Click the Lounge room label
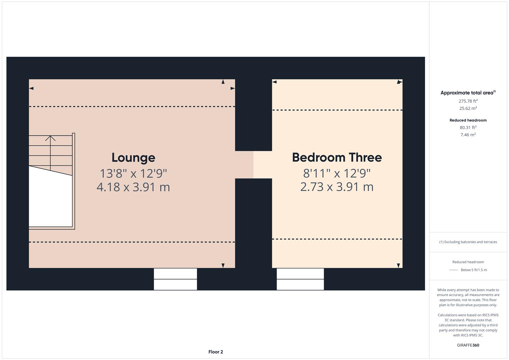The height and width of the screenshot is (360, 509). (133, 158)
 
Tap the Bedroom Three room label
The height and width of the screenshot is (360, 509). (337, 157)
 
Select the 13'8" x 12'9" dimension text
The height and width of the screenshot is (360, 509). (133, 173)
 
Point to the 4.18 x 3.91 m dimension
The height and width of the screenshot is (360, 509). (133, 187)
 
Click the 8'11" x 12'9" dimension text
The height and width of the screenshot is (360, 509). (337, 173)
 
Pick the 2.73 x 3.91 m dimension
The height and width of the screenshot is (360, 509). (337, 187)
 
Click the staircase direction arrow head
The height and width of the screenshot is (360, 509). (50, 137)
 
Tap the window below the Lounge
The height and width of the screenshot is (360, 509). (175, 279)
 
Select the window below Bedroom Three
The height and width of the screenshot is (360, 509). (300, 279)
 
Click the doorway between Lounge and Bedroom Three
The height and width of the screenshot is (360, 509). (253, 165)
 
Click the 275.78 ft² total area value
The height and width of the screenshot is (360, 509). (468, 101)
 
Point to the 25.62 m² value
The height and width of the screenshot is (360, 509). (468, 108)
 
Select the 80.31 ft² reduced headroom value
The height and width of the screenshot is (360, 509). (468, 127)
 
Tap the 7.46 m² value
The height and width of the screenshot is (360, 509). (468, 135)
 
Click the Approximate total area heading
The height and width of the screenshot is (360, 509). (468, 93)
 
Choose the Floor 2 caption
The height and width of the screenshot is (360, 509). (216, 352)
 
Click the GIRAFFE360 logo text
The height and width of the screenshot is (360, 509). (468, 345)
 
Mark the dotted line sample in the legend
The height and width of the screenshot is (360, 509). (454, 270)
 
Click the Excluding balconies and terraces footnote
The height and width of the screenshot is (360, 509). (468, 242)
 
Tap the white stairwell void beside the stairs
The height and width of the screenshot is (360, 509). (50, 200)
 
